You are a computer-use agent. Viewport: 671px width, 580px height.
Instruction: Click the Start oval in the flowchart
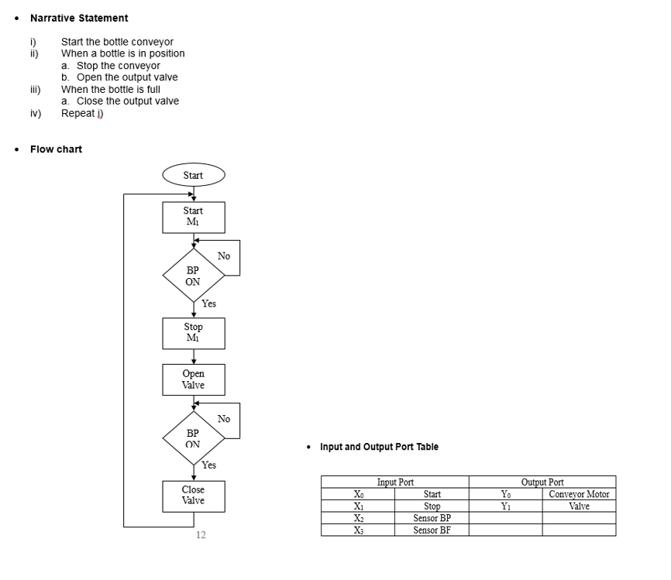tap(193, 175)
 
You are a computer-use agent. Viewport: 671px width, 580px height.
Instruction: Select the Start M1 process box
tap(193, 217)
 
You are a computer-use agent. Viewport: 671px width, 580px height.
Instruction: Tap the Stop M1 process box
tap(193, 333)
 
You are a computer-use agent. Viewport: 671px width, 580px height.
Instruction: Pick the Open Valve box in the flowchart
tap(193, 379)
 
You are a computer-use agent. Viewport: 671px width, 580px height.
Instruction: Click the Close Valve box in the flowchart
tap(193, 496)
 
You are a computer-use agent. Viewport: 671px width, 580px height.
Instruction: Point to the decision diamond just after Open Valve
tap(193, 438)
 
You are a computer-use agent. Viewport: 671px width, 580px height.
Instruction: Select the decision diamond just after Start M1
tap(193, 276)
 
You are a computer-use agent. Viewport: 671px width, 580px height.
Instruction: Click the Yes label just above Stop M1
tap(208, 304)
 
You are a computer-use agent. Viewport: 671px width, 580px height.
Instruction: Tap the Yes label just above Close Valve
tap(208, 465)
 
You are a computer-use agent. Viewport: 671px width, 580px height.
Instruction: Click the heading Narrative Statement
tap(79, 18)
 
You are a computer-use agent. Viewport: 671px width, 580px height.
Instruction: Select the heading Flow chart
tap(56, 149)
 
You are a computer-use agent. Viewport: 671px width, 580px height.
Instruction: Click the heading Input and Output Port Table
tap(379, 447)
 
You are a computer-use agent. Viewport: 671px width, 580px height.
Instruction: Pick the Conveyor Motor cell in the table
tap(579, 494)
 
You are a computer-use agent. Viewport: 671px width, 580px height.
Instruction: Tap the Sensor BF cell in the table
tap(432, 530)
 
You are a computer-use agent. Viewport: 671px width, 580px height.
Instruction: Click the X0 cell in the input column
tap(357, 494)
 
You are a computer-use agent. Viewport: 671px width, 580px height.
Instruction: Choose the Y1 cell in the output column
tap(505, 506)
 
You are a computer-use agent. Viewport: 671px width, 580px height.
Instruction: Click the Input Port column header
tap(395, 482)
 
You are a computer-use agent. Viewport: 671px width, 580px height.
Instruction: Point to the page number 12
tap(201, 535)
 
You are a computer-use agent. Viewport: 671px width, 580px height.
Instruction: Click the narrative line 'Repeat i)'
tap(82, 113)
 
